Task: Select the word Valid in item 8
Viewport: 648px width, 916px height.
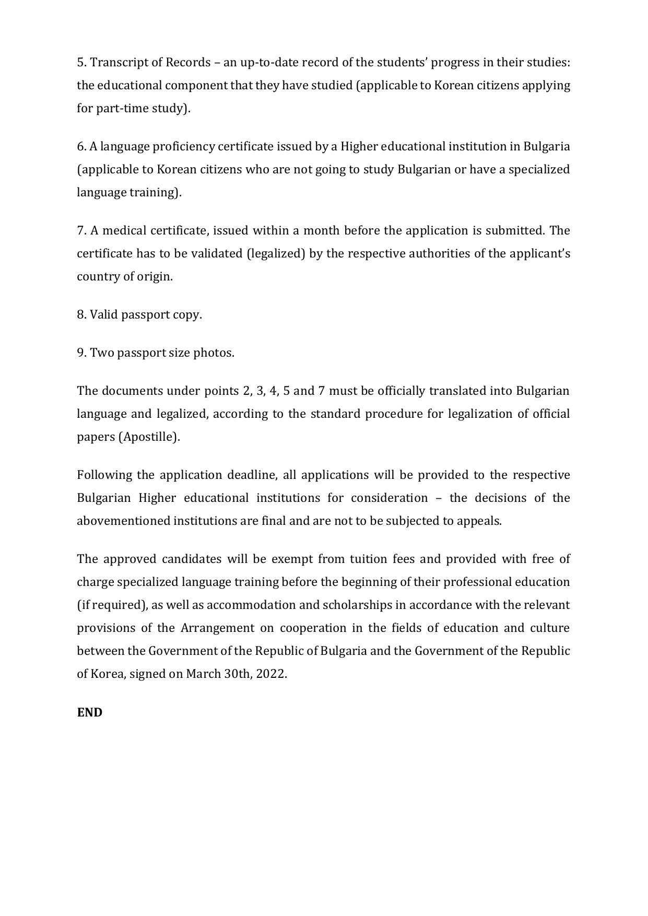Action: pyautogui.click(x=104, y=315)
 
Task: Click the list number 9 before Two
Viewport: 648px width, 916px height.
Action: pyautogui.click(x=81, y=353)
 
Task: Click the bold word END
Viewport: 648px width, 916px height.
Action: pyautogui.click(x=90, y=713)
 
